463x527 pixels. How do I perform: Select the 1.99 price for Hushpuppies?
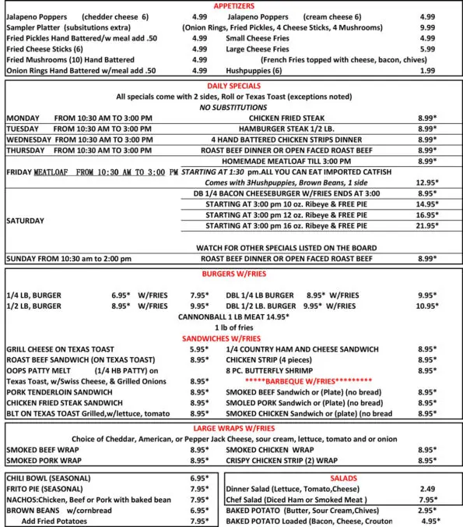coord(427,70)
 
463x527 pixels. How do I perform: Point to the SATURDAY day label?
coord(26,221)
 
